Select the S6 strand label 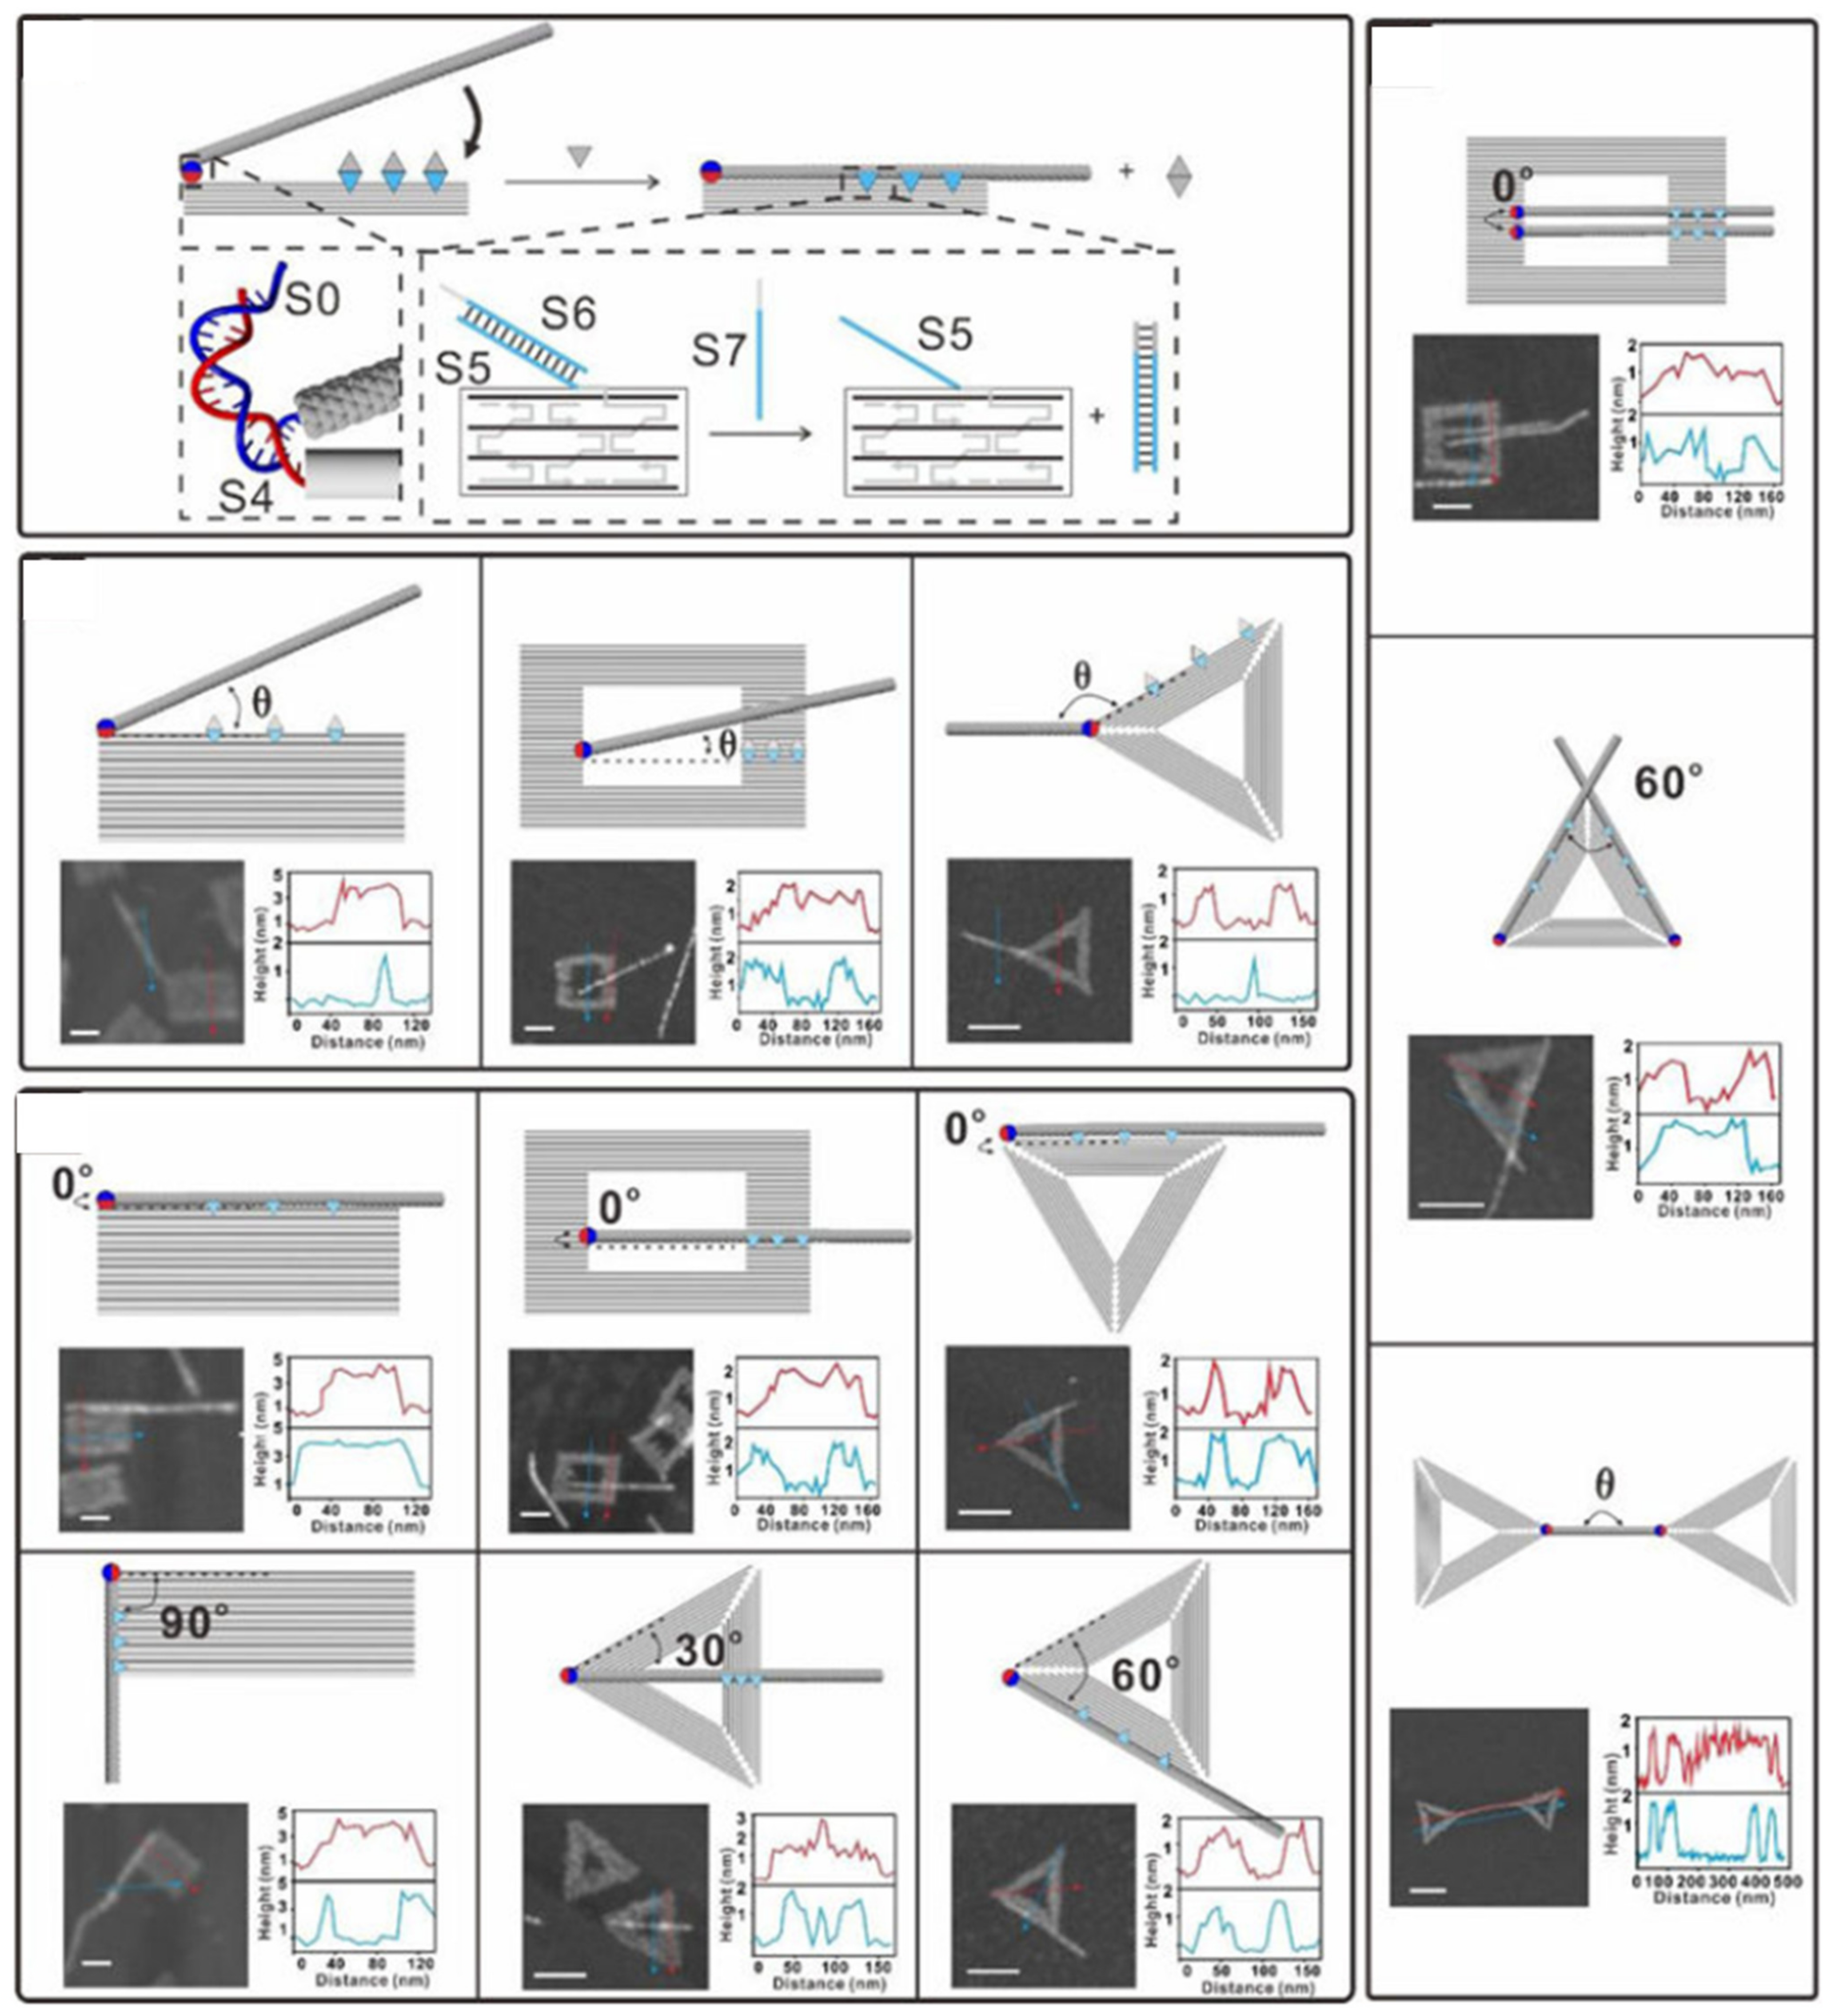(x=568, y=315)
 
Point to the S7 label (x=720, y=350)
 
